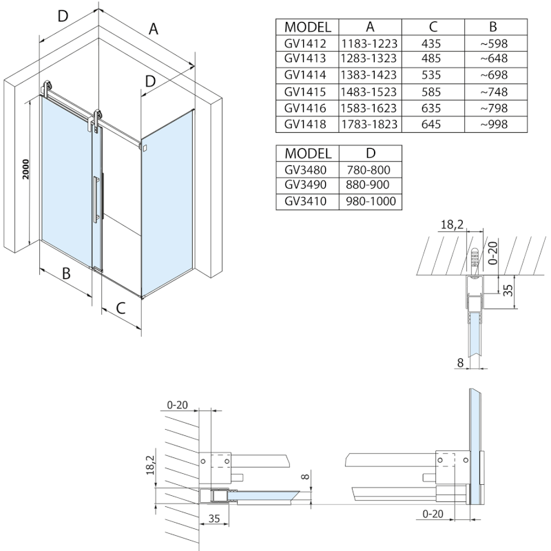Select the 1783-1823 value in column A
click(370, 124)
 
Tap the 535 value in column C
click(433, 75)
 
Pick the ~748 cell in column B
click(492, 92)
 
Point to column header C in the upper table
click(433, 27)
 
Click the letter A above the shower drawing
click(154, 29)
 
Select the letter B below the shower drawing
click(67, 273)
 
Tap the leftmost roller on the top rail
click(48, 89)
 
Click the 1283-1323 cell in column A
click(370, 59)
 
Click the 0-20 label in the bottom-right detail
click(432, 512)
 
